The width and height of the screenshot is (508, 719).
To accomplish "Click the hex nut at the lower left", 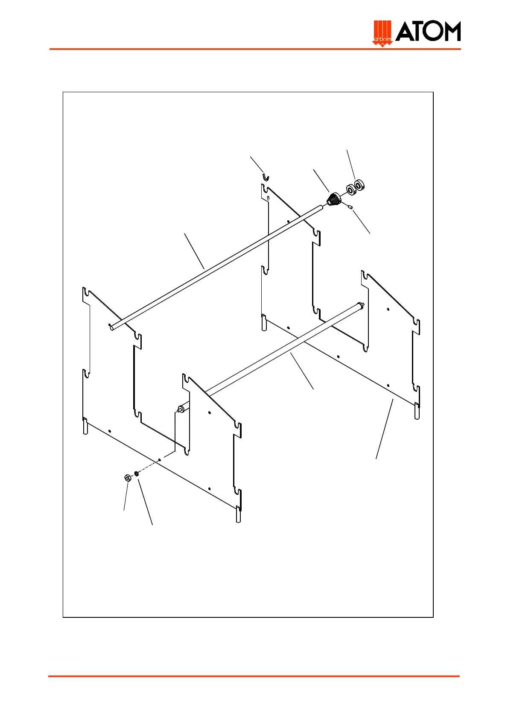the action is pos(127,478).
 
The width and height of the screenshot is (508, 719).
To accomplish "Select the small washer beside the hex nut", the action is pos(137,473).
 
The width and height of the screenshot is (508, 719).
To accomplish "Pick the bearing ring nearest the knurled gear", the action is pos(351,189).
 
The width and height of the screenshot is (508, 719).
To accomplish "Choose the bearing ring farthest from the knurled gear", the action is pos(359,185).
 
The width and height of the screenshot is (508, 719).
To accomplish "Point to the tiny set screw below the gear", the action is pos(350,207).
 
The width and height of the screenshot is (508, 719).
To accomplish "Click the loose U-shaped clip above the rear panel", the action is pos(266,177).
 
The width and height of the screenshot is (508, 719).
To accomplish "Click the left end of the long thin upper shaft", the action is pos(112,327).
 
